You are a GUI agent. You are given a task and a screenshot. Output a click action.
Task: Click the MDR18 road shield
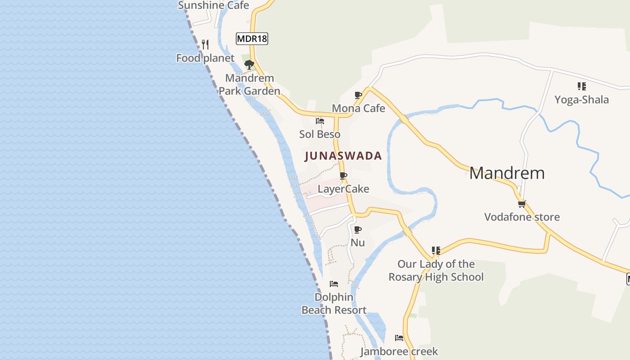(252, 39)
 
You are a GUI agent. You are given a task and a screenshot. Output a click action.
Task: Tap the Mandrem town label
(507, 173)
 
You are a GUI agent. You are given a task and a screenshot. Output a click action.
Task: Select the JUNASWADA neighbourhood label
(343, 156)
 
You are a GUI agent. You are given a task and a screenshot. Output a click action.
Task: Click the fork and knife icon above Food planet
(205, 44)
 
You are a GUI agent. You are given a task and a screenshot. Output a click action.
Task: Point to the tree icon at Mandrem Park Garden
(249, 65)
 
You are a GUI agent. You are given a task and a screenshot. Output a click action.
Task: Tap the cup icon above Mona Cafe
(358, 95)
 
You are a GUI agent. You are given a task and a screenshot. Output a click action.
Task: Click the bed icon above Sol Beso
(320, 121)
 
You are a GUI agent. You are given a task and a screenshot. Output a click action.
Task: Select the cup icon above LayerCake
(343, 175)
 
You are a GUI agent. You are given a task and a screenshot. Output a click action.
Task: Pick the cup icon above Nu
(358, 230)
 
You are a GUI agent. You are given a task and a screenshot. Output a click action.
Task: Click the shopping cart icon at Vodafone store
(522, 204)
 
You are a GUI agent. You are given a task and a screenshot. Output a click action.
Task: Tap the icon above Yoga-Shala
(581, 86)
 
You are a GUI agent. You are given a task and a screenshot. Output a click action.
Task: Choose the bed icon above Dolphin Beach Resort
(334, 284)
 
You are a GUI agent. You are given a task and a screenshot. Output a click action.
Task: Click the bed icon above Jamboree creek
(399, 337)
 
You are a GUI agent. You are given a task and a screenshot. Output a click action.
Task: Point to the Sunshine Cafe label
(213, 5)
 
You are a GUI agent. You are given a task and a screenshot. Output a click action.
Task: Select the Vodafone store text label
(522, 217)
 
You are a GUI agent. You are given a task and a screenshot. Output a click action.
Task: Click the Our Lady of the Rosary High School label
(436, 270)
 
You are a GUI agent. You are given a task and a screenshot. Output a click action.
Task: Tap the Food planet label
(205, 58)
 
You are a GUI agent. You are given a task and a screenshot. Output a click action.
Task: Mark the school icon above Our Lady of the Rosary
(436, 250)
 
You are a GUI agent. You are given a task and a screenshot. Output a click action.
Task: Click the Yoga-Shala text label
(581, 99)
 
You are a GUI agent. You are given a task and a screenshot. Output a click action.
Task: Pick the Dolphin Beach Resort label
(334, 304)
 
